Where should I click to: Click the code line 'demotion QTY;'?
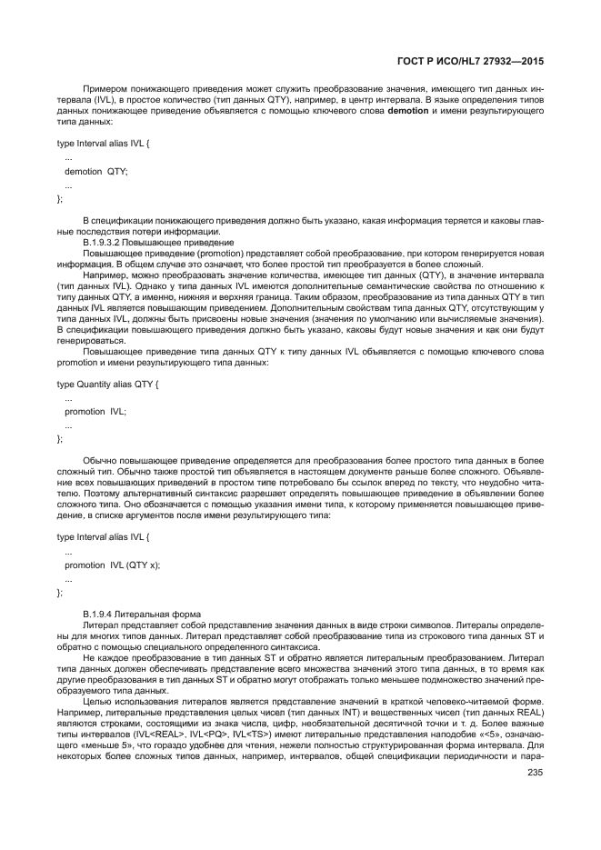click(x=95, y=170)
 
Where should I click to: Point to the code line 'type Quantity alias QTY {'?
click(x=108, y=385)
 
